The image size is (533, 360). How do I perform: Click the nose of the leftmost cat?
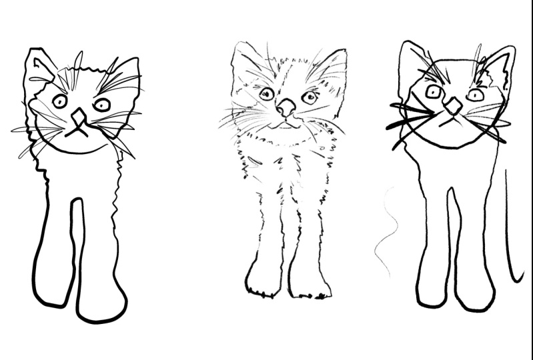[79, 117]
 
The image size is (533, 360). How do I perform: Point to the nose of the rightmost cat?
[454, 105]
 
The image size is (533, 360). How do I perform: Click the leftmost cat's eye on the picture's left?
[59, 101]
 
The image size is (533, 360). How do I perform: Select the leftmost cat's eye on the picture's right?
[101, 105]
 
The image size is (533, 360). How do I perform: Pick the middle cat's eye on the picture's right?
[309, 97]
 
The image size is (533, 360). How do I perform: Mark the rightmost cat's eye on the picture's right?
[475, 95]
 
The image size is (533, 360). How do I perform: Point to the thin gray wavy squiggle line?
[386, 233]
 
